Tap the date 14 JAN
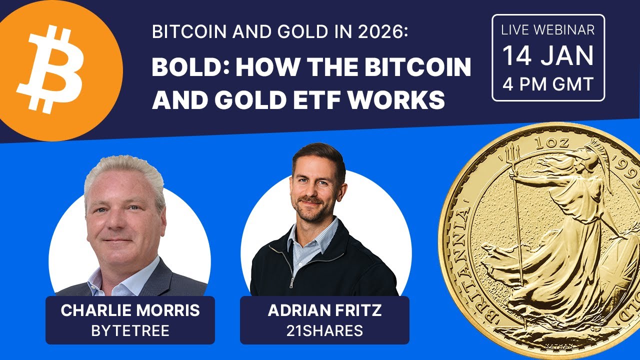coord(548,56)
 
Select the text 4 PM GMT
coord(548,83)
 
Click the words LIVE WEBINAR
coord(548,30)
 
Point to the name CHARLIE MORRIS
coord(130,310)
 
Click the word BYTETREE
coord(130,330)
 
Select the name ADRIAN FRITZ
coord(324,310)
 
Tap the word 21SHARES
coord(324,330)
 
